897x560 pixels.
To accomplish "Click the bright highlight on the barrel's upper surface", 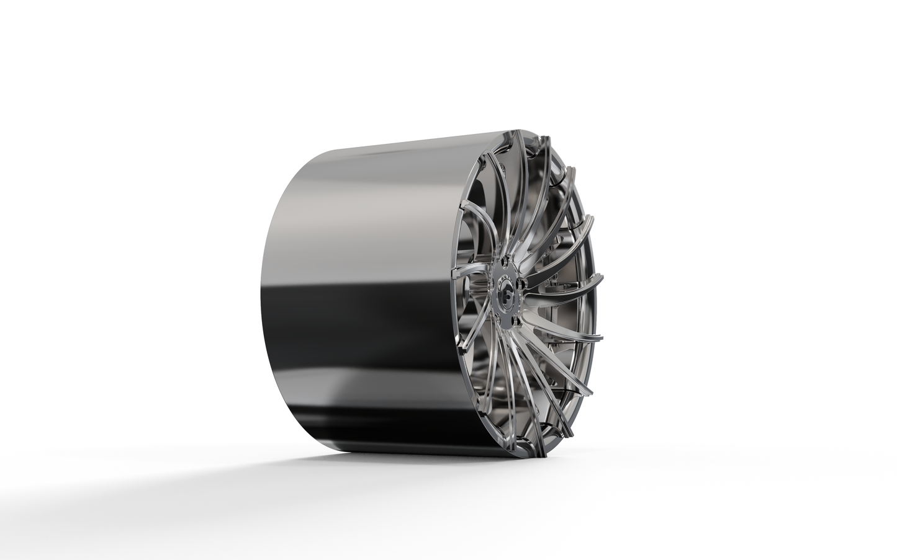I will [x=372, y=186].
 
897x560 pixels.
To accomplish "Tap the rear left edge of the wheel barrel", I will [x=256, y=298].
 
